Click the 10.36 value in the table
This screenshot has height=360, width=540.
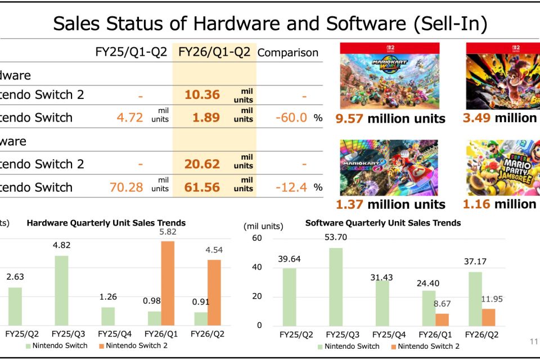(x=202, y=94)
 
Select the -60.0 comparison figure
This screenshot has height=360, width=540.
(x=291, y=118)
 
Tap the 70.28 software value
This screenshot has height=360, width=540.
(x=127, y=187)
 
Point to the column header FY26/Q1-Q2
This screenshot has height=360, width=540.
(x=214, y=52)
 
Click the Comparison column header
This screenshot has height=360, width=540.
(x=287, y=53)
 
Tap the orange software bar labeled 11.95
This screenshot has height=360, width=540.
(x=488, y=317)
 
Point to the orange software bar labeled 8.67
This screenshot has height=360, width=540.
(x=426, y=319)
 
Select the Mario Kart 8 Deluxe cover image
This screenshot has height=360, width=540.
(x=389, y=168)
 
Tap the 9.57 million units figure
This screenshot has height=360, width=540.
(x=390, y=118)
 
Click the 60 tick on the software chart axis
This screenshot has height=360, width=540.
(x=256, y=238)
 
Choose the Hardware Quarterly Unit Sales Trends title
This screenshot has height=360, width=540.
(x=106, y=223)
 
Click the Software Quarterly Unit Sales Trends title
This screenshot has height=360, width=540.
(x=383, y=223)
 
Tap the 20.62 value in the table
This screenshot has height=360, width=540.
(x=202, y=164)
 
